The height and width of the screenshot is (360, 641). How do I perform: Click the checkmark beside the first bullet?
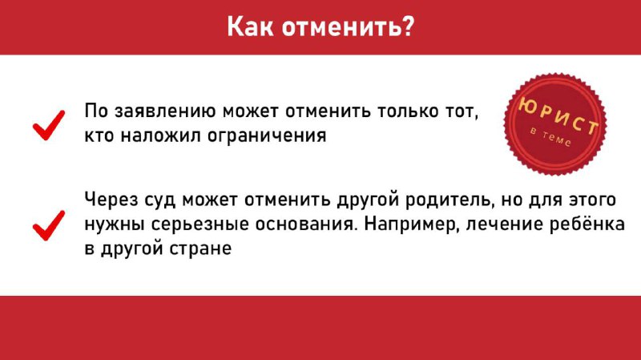pos(49,125)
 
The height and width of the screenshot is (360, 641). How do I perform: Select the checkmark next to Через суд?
pos(49,225)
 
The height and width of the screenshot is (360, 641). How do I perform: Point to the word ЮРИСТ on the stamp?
pos(558,116)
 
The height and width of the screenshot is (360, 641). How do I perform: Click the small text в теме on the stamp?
pos(550,136)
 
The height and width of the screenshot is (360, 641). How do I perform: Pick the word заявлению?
pos(165,111)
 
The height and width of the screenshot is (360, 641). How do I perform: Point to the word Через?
pos(110,200)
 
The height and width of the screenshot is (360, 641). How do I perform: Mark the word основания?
pos(306,224)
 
